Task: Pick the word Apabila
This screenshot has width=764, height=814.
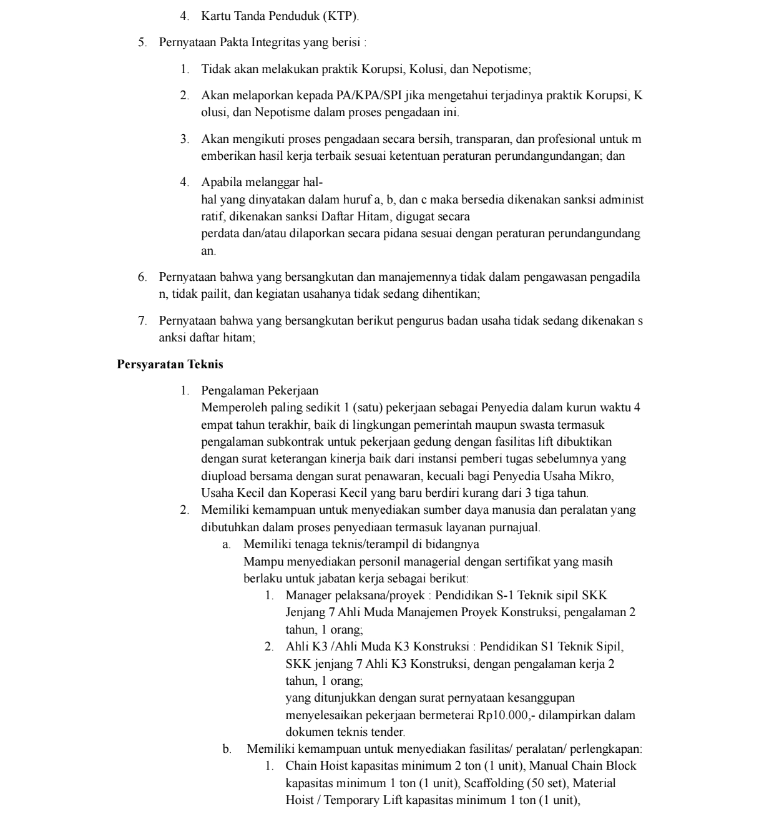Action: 219,182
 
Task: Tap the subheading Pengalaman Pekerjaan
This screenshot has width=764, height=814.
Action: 260,391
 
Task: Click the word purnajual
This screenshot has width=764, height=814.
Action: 516,527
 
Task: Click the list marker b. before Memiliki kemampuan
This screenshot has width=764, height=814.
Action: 227,748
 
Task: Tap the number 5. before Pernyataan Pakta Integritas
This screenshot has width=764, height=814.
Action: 142,43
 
